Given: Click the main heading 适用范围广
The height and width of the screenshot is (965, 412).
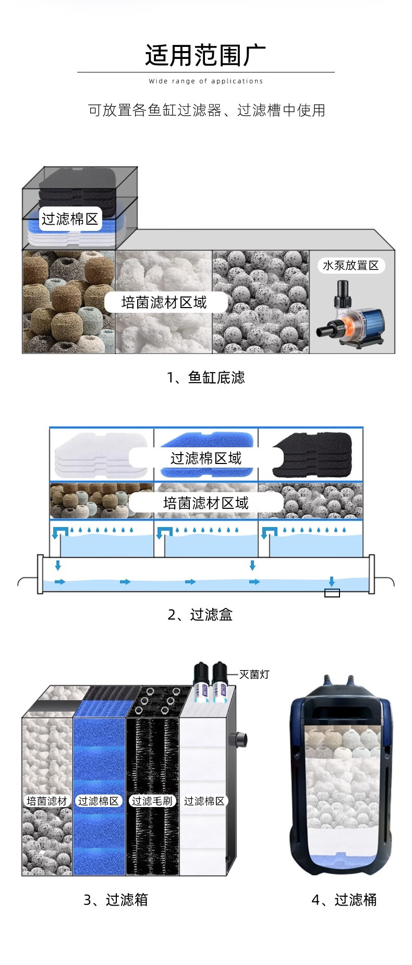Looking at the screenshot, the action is [x=205, y=55].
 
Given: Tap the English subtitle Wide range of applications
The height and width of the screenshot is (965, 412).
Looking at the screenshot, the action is [x=206, y=81].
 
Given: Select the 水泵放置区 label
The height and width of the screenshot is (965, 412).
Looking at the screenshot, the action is [x=350, y=265].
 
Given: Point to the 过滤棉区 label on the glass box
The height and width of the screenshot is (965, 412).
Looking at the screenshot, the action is [x=70, y=219].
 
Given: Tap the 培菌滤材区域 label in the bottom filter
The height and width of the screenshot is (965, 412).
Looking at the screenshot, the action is [x=164, y=302].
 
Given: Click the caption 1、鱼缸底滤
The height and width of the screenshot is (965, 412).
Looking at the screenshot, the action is [x=205, y=377].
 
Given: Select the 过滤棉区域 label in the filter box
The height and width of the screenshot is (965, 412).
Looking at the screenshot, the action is [x=206, y=458].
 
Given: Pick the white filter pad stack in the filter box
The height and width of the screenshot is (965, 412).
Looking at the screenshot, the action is [x=99, y=455].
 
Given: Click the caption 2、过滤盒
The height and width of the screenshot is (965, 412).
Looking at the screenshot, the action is [x=200, y=615].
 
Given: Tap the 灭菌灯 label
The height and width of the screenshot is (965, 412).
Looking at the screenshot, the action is [x=255, y=675].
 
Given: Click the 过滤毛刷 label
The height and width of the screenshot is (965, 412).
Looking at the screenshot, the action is [x=152, y=801].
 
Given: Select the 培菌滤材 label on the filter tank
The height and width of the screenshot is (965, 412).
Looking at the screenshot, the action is [x=47, y=801].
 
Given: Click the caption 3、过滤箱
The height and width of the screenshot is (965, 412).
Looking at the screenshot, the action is [x=116, y=900].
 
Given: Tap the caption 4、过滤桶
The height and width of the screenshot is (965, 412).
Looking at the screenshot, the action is [x=344, y=900].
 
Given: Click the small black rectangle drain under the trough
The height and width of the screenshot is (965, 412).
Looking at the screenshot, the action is [x=332, y=593].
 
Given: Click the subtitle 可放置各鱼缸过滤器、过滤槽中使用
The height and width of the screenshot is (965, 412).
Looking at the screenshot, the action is [x=207, y=111].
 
